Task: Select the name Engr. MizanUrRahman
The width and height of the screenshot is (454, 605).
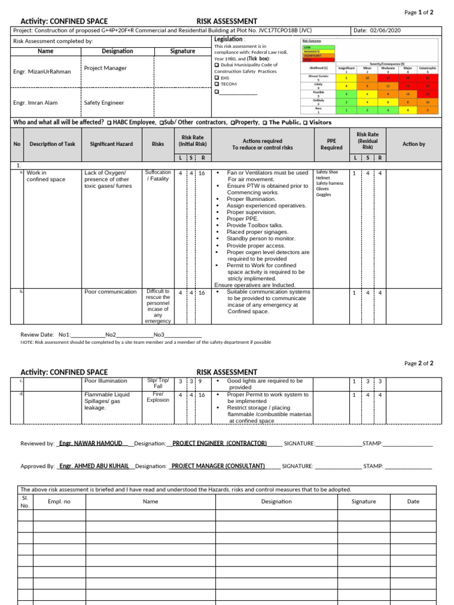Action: click(42, 71)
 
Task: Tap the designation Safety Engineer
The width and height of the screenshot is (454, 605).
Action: click(104, 103)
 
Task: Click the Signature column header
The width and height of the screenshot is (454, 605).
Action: click(183, 51)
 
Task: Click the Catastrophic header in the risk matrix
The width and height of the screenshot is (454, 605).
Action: click(427, 68)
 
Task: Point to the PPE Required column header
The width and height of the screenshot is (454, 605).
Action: click(332, 145)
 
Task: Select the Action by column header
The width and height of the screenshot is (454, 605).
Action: click(413, 144)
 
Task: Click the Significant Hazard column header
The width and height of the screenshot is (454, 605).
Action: click(111, 144)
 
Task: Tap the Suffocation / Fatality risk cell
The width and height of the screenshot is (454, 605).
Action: click(158, 176)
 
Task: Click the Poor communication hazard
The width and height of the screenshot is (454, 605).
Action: click(110, 292)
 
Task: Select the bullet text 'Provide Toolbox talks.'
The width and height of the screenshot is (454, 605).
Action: click(255, 225)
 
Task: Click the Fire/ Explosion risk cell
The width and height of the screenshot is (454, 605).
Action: click(158, 397)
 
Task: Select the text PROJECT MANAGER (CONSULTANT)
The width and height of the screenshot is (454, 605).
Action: click(218, 466)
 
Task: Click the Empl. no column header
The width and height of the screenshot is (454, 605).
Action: click(59, 502)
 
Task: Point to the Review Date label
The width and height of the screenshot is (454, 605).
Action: click(37, 334)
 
